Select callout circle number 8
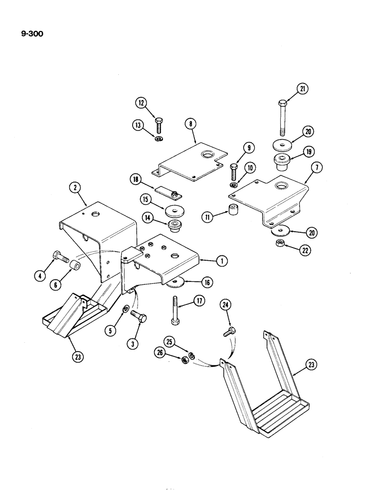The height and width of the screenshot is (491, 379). pyautogui.click(x=190, y=125)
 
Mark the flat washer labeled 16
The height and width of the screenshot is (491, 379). pyautogui.click(x=176, y=283)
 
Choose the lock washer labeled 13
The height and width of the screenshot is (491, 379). pyautogui.click(x=158, y=139)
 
